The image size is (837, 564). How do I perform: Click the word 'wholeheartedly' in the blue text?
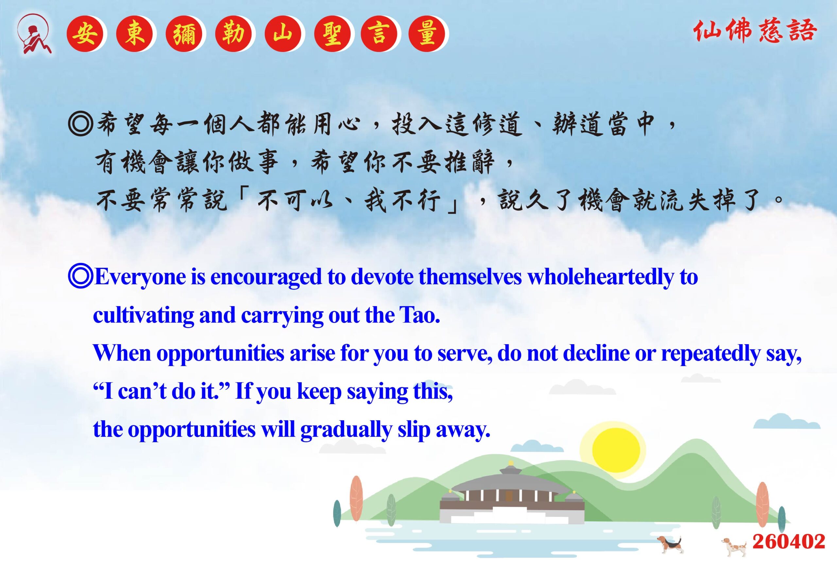point(600,277)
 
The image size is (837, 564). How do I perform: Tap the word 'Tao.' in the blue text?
point(419,315)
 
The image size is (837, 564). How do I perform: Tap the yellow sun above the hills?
point(616,450)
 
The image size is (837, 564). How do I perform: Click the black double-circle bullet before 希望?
point(81,124)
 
